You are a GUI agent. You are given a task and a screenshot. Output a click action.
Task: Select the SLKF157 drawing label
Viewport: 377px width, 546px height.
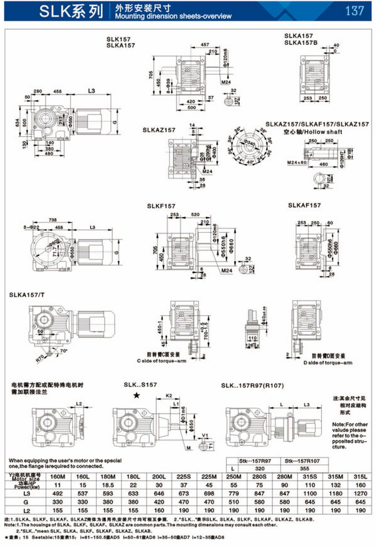click(161, 206)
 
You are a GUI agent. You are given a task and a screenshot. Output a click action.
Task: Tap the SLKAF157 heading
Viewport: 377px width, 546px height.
click(304, 206)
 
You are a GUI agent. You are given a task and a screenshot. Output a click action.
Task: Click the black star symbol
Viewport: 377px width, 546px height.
click(137, 395)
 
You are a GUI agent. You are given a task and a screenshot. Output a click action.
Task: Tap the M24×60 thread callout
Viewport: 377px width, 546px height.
click(313, 163)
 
